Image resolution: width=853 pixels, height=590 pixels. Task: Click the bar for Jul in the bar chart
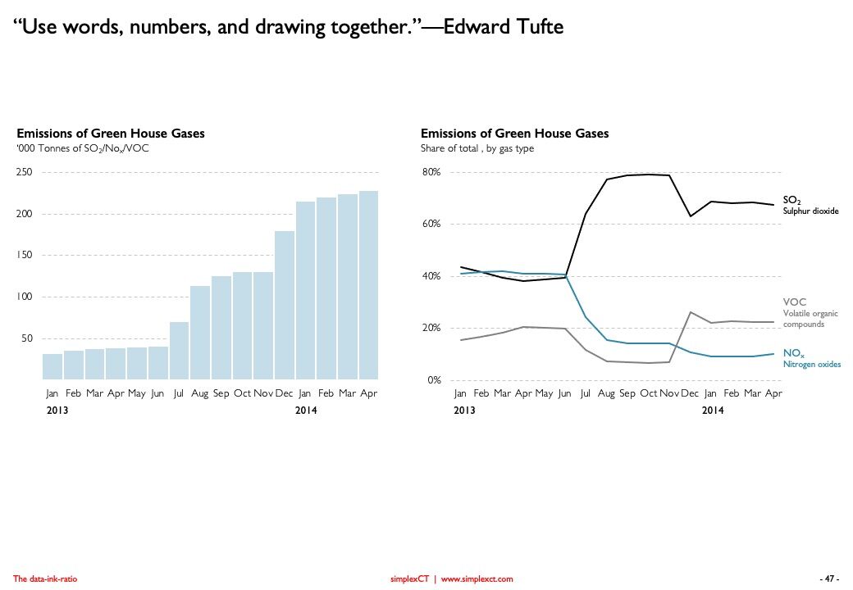[179, 351]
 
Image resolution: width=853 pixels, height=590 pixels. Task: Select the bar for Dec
[285, 305]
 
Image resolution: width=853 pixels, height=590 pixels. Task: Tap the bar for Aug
[200, 333]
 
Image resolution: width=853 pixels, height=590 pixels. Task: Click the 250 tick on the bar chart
[24, 172]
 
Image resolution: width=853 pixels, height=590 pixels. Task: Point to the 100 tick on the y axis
[24, 297]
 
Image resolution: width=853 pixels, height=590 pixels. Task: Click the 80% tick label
[431, 172]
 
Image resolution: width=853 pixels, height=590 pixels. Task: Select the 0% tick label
[434, 380]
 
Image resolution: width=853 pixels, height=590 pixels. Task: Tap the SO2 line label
[791, 199]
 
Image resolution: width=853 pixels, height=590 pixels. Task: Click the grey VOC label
[795, 302]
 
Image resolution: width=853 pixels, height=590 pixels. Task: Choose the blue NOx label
[793, 352]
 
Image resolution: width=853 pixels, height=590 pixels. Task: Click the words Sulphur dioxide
[810, 211]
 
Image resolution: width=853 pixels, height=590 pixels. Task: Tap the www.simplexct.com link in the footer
[477, 579]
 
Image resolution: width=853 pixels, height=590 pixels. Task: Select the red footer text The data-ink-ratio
[45, 579]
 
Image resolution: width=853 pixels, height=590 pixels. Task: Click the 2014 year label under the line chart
[713, 410]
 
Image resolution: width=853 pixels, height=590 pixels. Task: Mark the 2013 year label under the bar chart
[57, 410]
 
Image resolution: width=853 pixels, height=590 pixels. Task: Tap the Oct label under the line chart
[648, 394]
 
